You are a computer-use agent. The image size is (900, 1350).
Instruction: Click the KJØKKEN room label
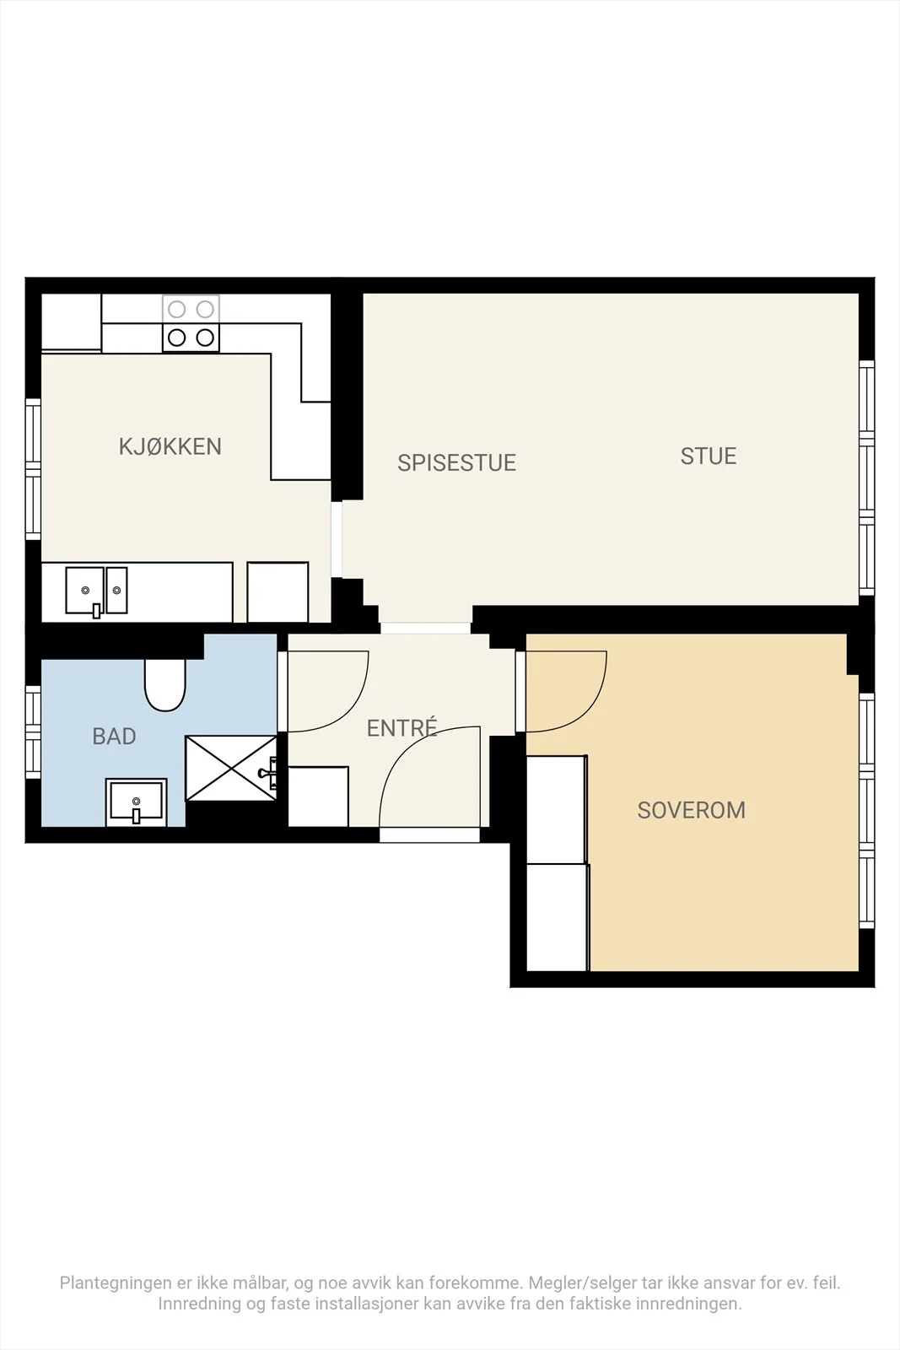[170, 446]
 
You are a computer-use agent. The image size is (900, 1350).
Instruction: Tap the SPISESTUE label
[456, 463]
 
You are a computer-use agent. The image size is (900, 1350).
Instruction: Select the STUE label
[709, 456]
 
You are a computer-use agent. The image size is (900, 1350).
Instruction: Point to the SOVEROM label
[692, 810]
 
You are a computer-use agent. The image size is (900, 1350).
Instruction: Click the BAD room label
[114, 737]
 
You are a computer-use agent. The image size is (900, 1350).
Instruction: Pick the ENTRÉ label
[401, 728]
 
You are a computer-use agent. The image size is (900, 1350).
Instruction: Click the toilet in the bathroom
[165, 685]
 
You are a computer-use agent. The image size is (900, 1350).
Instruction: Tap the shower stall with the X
[231, 769]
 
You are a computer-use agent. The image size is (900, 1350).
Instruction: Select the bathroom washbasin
[136, 802]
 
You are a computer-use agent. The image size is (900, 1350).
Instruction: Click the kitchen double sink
[96, 591]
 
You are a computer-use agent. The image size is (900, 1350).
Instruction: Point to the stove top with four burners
[191, 324]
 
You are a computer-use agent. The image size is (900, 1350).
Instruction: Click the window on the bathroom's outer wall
[33, 732]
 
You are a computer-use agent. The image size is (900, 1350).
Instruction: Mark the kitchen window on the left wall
[33, 469]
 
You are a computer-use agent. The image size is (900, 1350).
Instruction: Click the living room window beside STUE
[866, 478]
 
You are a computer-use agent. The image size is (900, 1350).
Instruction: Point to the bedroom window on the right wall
[866, 811]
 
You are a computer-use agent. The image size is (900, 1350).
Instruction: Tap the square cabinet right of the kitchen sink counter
[278, 591]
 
